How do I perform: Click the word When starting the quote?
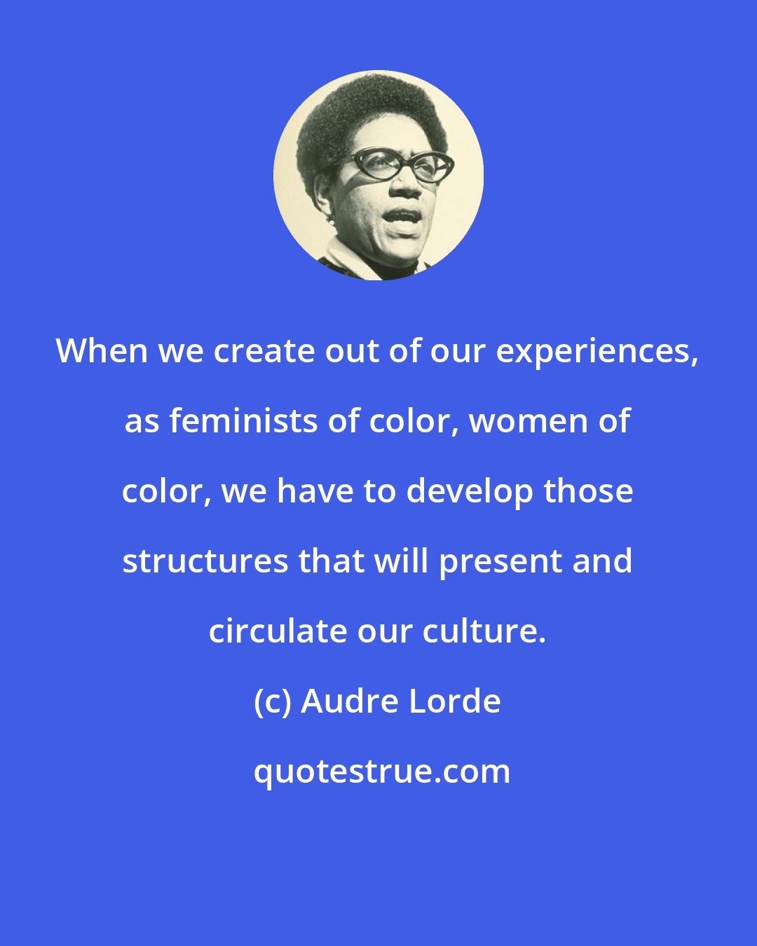click(102, 351)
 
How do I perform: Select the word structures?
click(204, 561)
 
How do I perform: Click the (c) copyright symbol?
click(272, 701)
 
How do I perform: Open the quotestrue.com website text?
click(381, 772)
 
